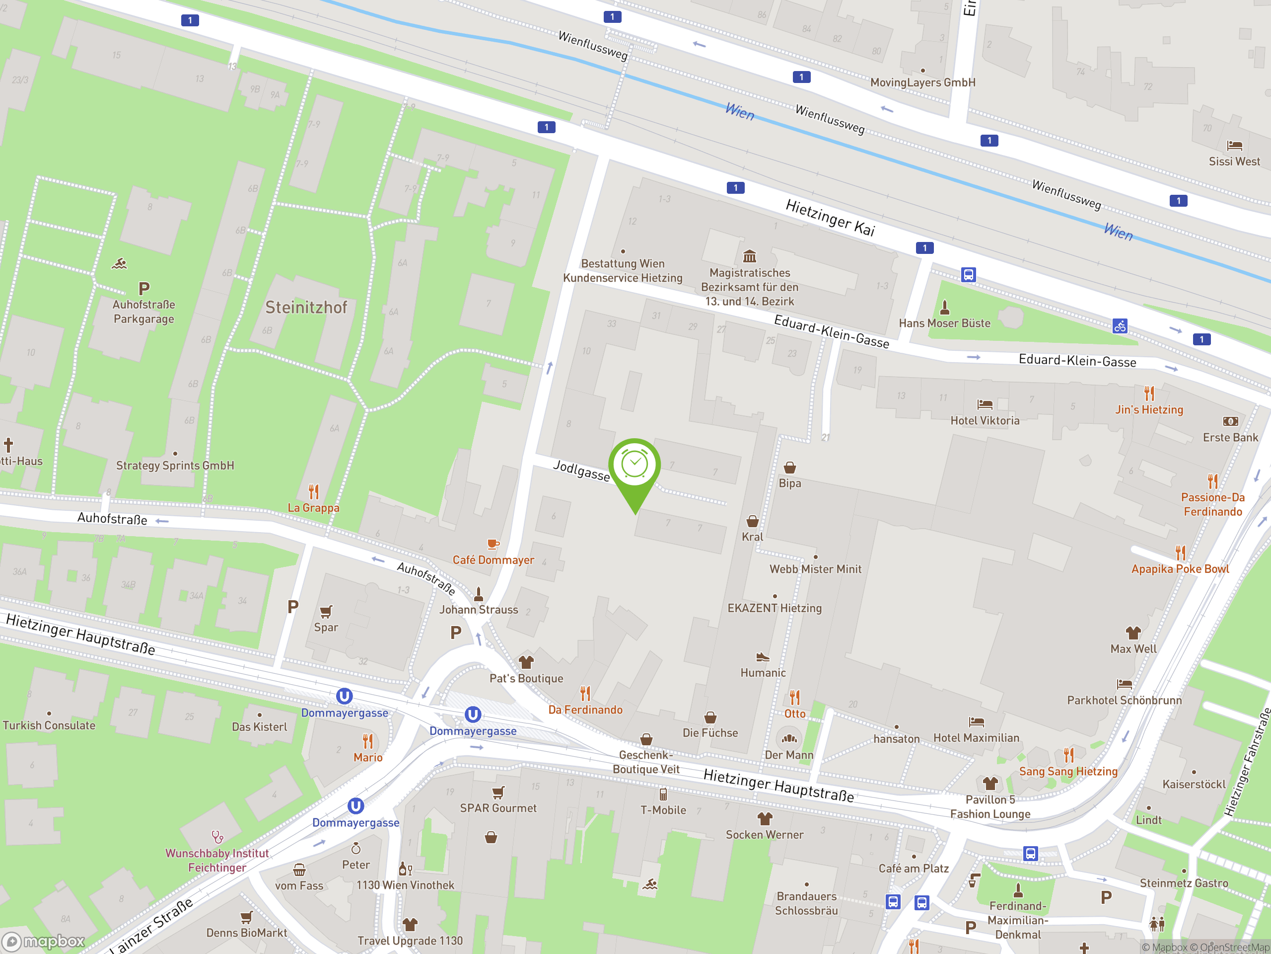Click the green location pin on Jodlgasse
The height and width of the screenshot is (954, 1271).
[635, 466]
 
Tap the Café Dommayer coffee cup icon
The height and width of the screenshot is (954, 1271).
[493, 544]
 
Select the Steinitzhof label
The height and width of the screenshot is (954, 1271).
[306, 308]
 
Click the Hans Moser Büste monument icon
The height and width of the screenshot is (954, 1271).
[945, 307]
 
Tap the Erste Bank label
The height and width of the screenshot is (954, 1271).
[1230, 438]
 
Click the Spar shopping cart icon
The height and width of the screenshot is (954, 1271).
[326, 611]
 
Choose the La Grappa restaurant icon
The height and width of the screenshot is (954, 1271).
[314, 492]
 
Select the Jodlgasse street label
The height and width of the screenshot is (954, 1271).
[581, 471]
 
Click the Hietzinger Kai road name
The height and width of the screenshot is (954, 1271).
[830, 218]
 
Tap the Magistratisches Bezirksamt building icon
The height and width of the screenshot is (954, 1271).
[749, 256]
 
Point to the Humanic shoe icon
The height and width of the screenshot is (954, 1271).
[763, 657]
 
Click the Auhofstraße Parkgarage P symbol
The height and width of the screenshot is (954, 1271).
[143, 288]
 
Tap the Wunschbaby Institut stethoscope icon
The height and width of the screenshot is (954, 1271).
[217, 837]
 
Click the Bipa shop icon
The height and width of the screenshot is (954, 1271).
[789, 468]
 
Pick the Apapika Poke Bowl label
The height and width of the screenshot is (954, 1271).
[1180, 569]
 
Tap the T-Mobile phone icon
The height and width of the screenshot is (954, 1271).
[663, 795]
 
